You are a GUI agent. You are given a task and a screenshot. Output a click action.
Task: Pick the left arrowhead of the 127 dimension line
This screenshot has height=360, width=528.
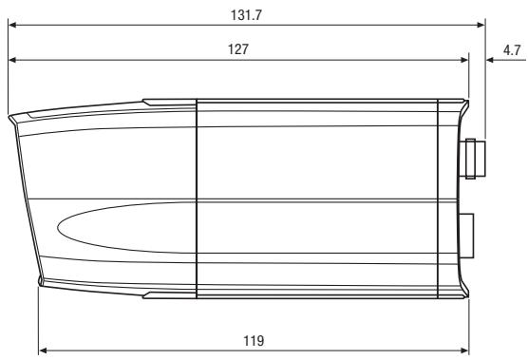[x=12, y=60]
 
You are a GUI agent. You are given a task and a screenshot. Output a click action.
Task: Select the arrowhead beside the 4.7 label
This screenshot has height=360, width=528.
[x=491, y=60]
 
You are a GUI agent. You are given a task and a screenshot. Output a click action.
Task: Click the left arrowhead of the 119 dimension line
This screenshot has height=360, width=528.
[x=43, y=349]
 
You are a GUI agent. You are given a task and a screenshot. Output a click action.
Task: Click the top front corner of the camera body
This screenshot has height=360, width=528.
[x=11, y=118]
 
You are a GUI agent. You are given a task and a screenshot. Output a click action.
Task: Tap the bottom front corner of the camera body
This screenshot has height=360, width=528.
[x=40, y=284]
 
